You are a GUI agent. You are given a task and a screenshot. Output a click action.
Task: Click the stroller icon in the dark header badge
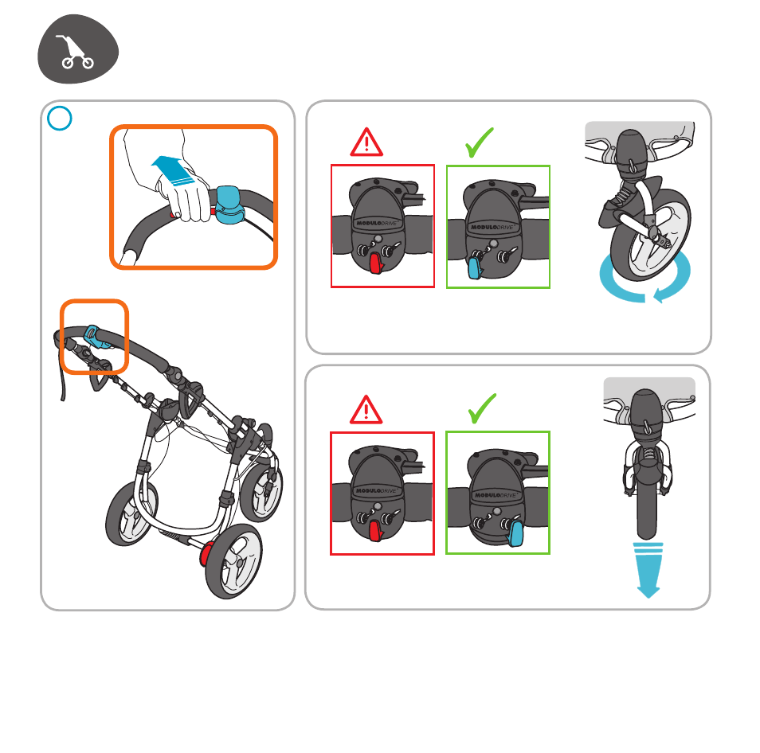[x=76, y=51]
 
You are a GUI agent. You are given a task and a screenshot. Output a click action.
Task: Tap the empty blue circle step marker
[x=60, y=118]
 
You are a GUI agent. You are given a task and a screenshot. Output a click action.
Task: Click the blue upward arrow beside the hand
[x=173, y=170]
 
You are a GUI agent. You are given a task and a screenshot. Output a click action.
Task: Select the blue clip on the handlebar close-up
[x=229, y=205]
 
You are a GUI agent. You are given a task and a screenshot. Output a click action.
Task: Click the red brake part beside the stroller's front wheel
[x=206, y=554]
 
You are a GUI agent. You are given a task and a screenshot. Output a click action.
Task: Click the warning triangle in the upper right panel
[x=366, y=142]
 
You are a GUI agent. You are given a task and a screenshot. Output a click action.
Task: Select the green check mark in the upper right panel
[x=480, y=142]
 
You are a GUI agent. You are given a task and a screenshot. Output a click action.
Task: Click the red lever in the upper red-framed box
[x=376, y=263]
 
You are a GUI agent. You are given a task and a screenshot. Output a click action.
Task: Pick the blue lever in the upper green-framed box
[x=475, y=268]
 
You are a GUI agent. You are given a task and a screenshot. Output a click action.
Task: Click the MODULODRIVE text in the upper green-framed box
[x=492, y=227]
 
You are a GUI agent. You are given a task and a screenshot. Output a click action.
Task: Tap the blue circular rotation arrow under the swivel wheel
[x=644, y=279]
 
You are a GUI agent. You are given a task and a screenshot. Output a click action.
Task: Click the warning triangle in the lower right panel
[x=366, y=410]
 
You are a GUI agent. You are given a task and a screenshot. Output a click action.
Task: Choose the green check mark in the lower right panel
[x=482, y=408]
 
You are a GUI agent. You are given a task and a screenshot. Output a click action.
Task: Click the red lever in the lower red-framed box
[x=376, y=531]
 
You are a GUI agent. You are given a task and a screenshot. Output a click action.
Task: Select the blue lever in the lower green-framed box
[x=515, y=533]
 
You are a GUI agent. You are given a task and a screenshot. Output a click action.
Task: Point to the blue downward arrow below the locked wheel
[x=648, y=570]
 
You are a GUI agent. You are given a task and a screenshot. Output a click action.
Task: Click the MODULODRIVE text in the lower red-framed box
[x=377, y=490]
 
